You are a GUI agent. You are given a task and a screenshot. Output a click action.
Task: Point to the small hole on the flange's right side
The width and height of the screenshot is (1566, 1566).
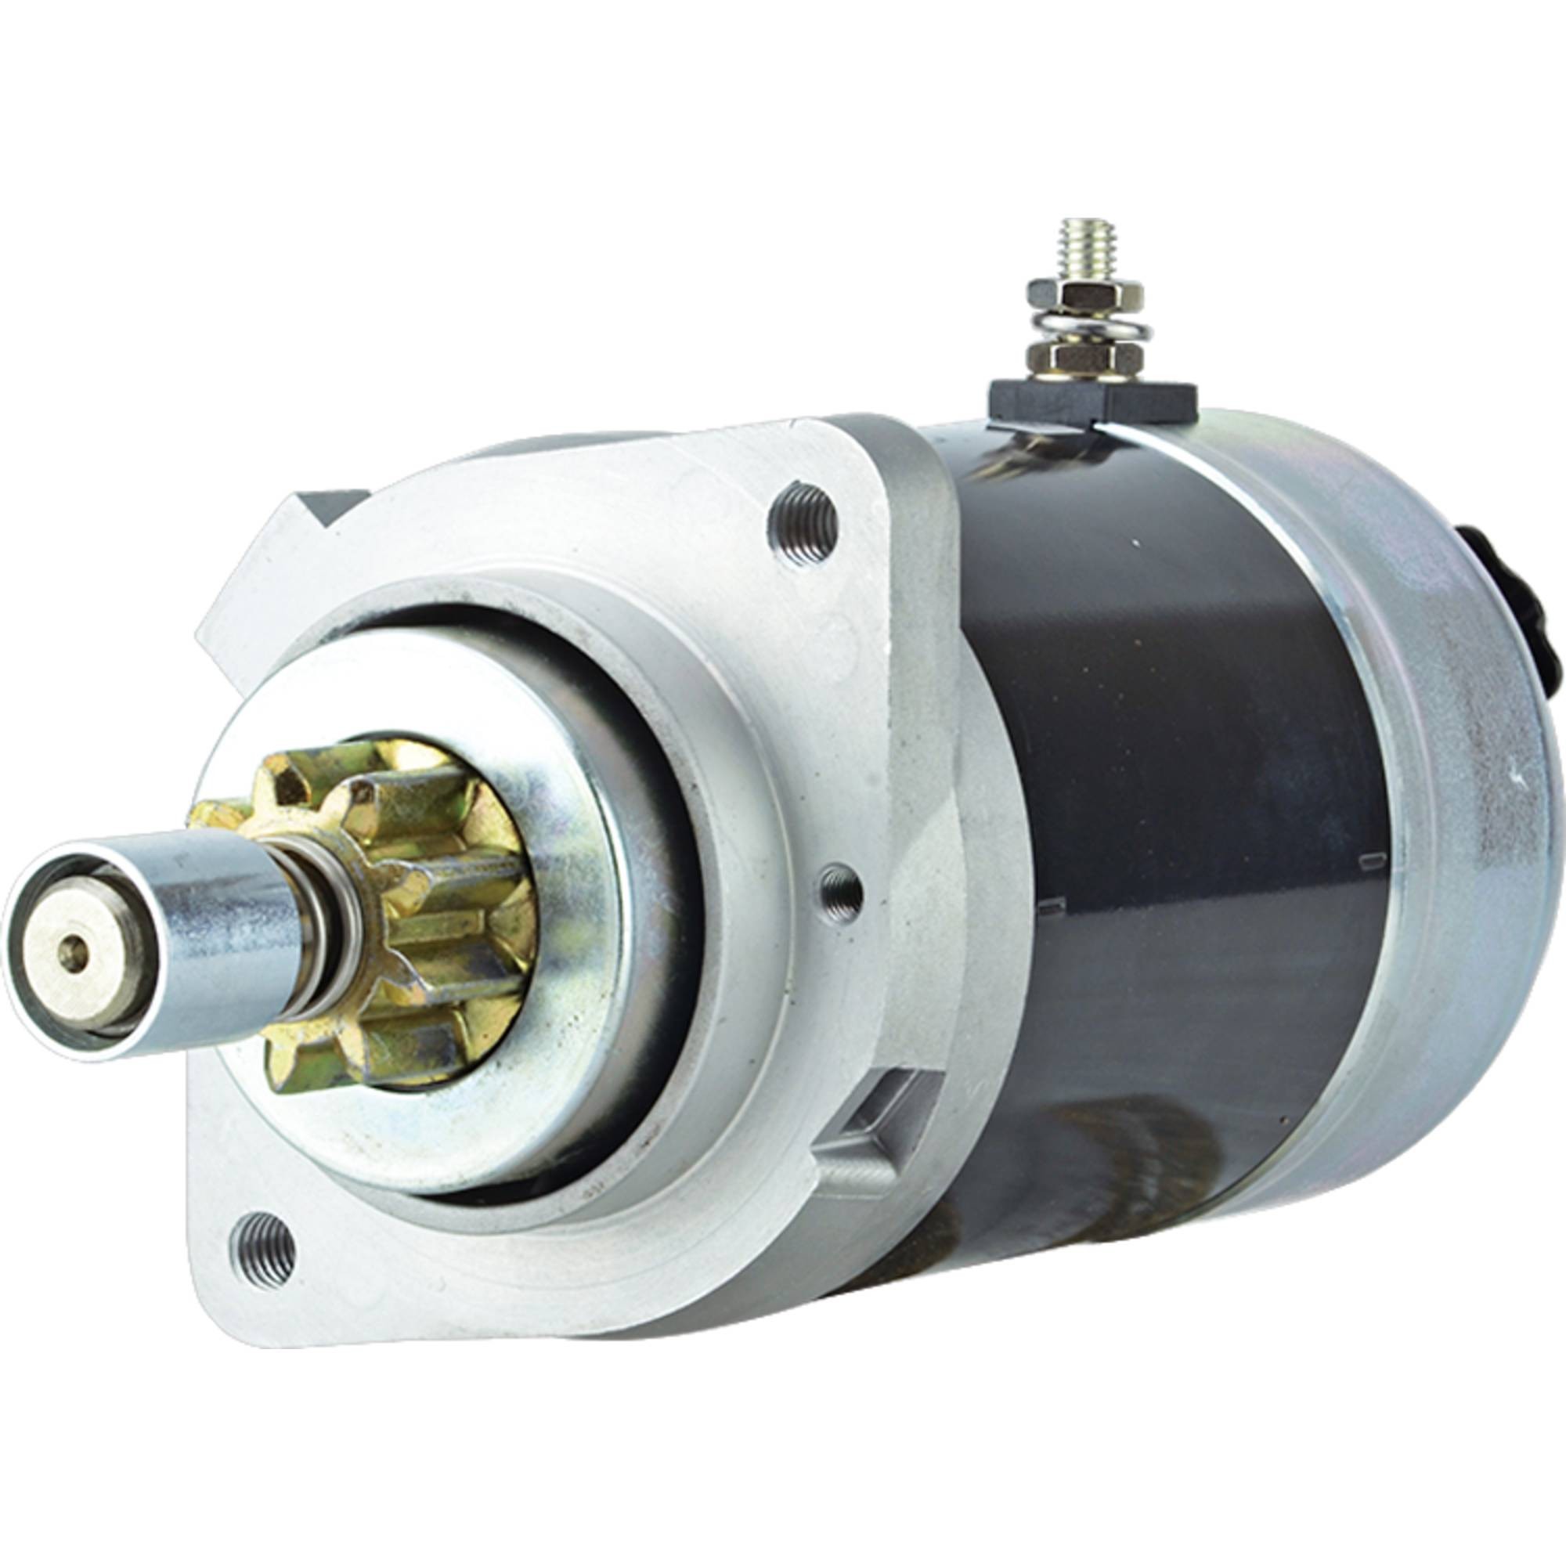[x=839, y=886]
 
